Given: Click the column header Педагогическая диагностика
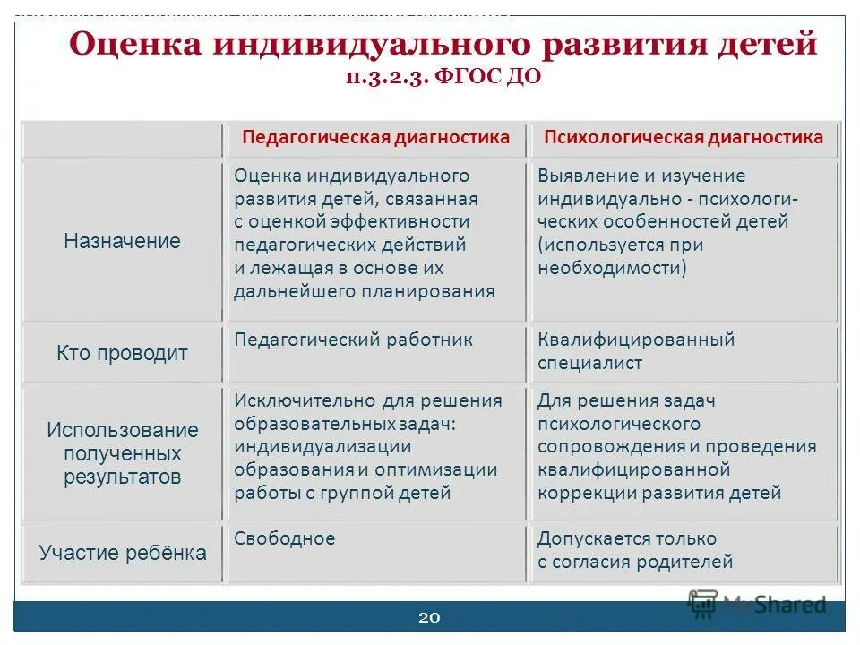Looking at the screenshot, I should pyautogui.click(x=375, y=137).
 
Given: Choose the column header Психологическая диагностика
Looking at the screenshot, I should pyautogui.click(x=684, y=137).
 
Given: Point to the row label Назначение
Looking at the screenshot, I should pyautogui.click(x=122, y=241).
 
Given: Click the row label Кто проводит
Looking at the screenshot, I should pyautogui.click(x=122, y=353).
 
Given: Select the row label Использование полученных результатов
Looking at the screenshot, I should pyautogui.click(x=122, y=453).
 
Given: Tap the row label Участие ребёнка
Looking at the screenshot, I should pyautogui.click(x=122, y=553).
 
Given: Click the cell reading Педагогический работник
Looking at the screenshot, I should pyautogui.click(x=353, y=340).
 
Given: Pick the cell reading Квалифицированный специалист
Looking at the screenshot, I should pyautogui.click(x=636, y=351).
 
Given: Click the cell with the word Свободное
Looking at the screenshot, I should pyautogui.click(x=285, y=538).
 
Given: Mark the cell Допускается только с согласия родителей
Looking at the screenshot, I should pyautogui.click(x=634, y=550).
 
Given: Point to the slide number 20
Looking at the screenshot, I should pyautogui.click(x=429, y=617).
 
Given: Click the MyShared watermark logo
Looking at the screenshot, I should pyautogui.click(x=757, y=604).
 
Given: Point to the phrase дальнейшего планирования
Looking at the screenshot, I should pyautogui.click(x=364, y=291).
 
